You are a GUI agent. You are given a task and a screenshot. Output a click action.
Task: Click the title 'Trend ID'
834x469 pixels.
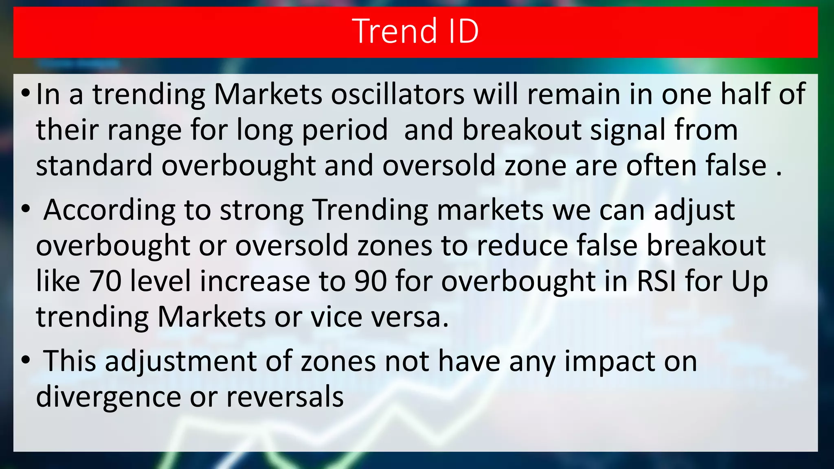point(416,31)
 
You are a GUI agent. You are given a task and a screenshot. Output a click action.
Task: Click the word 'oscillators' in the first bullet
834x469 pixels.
point(397,94)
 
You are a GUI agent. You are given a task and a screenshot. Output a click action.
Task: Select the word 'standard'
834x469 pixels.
point(94,166)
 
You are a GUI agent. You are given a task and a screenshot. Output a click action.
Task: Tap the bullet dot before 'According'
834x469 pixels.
point(26,210)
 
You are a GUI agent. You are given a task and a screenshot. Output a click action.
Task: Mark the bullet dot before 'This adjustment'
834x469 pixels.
point(26,361)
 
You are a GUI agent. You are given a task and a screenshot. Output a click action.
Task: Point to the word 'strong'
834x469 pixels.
point(261,211)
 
